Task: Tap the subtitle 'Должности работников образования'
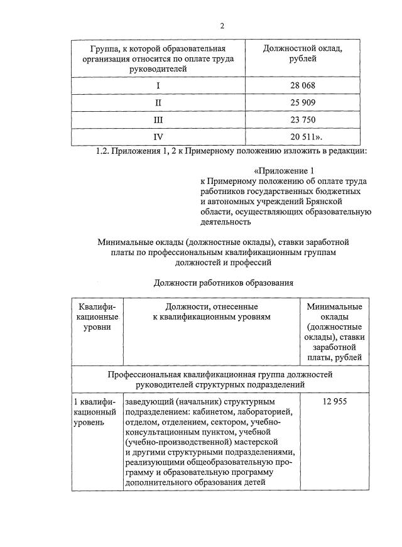224,283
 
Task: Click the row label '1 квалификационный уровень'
95,411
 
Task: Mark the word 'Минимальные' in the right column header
334,306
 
